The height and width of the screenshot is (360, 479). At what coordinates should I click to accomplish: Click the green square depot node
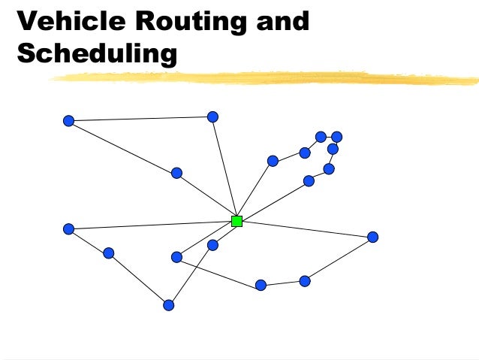pyautogui.click(x=236, y=221)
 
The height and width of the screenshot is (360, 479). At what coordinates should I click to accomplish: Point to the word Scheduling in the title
pyautogui.click(x=98, y=54)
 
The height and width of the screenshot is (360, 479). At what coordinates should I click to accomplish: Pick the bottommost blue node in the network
pyautogui.click(x=168, y=305)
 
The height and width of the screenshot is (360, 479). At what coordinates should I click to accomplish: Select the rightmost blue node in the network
pyautogui.click(x=372, y=237)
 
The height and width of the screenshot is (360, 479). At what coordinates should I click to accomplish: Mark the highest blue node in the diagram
pyautogui.click(x=212, y=116)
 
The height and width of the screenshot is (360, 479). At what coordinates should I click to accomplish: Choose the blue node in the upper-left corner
pyautogui.click(x=68, y=120)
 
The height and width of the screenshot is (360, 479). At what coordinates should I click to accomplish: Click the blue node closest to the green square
pyautogui.click(x=212, y=245)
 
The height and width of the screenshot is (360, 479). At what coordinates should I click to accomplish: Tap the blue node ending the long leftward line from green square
pyautogui.click(x=68, y=228)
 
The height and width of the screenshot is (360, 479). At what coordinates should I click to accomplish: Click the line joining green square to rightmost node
pyautogui.click(x=304, y=229)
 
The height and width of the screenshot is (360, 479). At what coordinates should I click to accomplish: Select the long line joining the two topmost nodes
pyautogui.click(x=140, y=119)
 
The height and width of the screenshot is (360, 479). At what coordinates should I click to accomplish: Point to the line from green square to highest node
pyautogui.click(x=224, y=168)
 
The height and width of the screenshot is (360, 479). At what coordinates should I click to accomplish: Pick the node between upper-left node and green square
pyautogui.click(x=176, y=173)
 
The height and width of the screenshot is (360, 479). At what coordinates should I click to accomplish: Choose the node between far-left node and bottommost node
pyautogui.click(x=108, y=253)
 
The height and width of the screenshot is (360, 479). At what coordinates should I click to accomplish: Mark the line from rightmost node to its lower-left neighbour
pyautogui.click(x=339, y=259)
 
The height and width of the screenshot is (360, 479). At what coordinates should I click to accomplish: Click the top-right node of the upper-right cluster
pyautogui.click(x=337, y=137)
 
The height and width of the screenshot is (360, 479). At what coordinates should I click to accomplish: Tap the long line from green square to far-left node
pyautogui.click(x=150, y=225)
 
